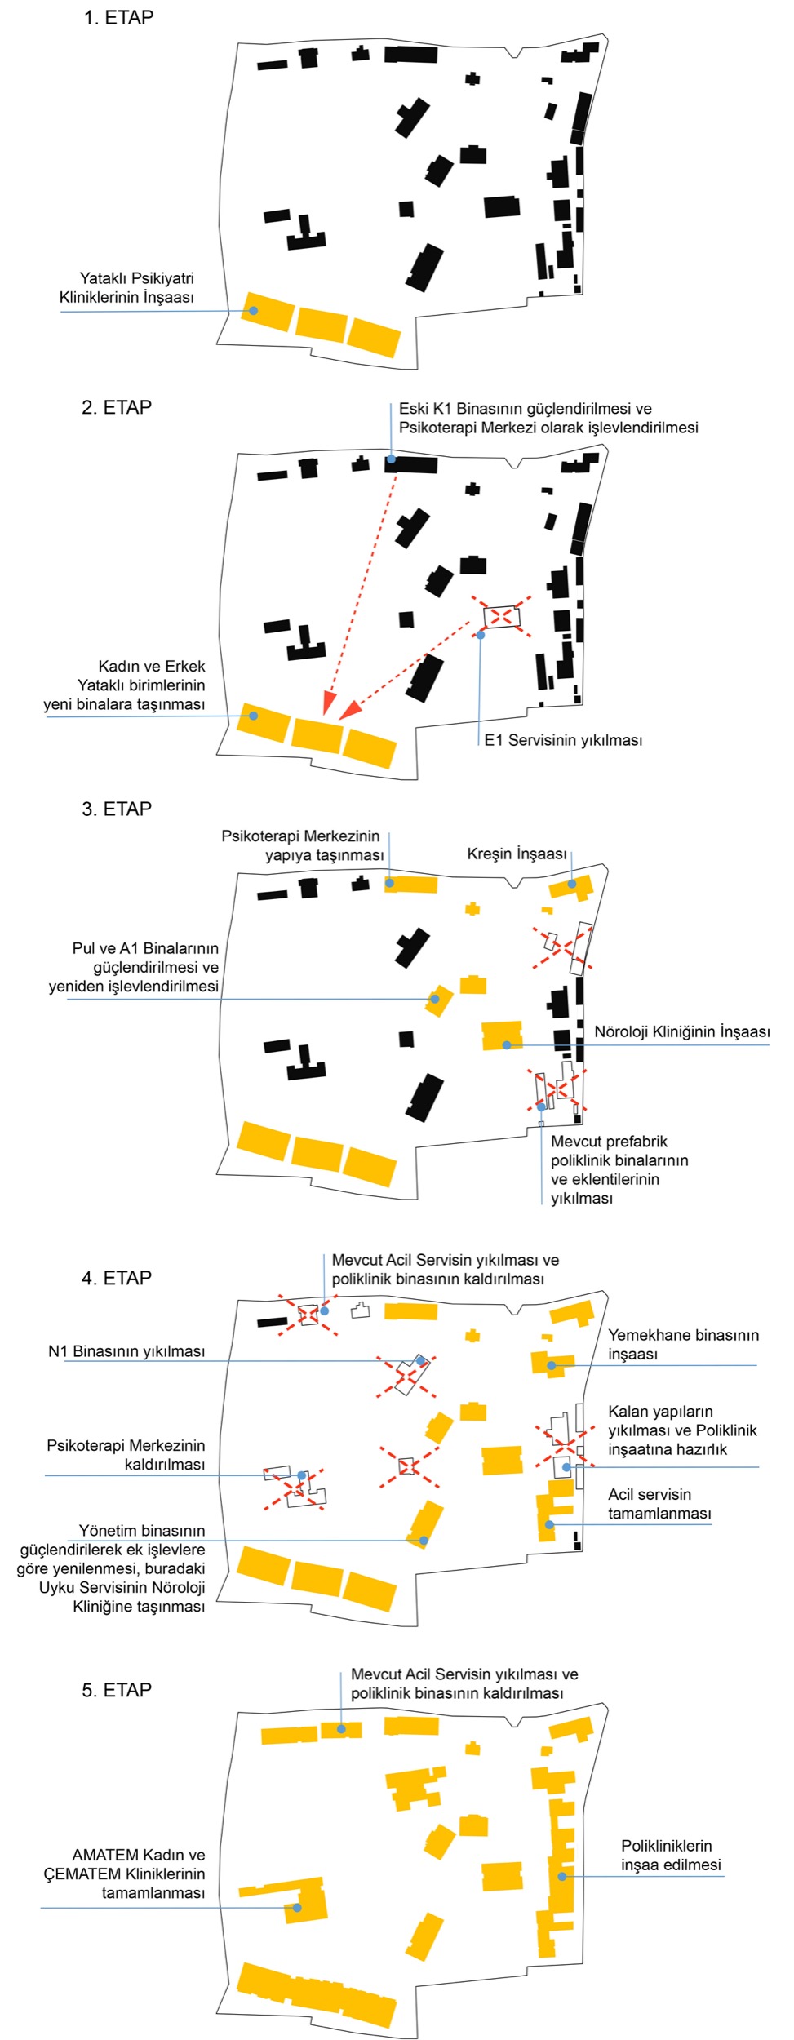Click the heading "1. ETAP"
(x=118, y=18)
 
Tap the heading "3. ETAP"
(x=117, y=809)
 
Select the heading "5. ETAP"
(x=117, y=1690)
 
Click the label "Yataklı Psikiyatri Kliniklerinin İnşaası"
(x=127, y=288)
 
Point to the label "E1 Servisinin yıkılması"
(x=563, y=740)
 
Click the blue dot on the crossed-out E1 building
(x=481, y=635)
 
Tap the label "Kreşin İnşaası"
(x=517, y=854)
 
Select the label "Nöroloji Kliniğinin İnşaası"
(x=681, y=1031)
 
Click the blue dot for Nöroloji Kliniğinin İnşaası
(x=507, y=1044)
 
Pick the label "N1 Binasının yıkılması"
(x=126, y=1351)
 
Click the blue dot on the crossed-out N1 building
(x=420, y=1361)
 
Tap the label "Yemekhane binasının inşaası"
(x=683, y=1344)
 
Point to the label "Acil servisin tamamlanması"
(x=659, y=1504)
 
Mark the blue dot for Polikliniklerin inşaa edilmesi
(x=562, y=1877)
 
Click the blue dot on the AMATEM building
(x=297, y=1908)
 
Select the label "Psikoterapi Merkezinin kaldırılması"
(x=126, y=1455)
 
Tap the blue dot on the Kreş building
(x=572, y=884)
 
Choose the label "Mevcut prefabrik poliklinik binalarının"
(x=619, y=1151)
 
